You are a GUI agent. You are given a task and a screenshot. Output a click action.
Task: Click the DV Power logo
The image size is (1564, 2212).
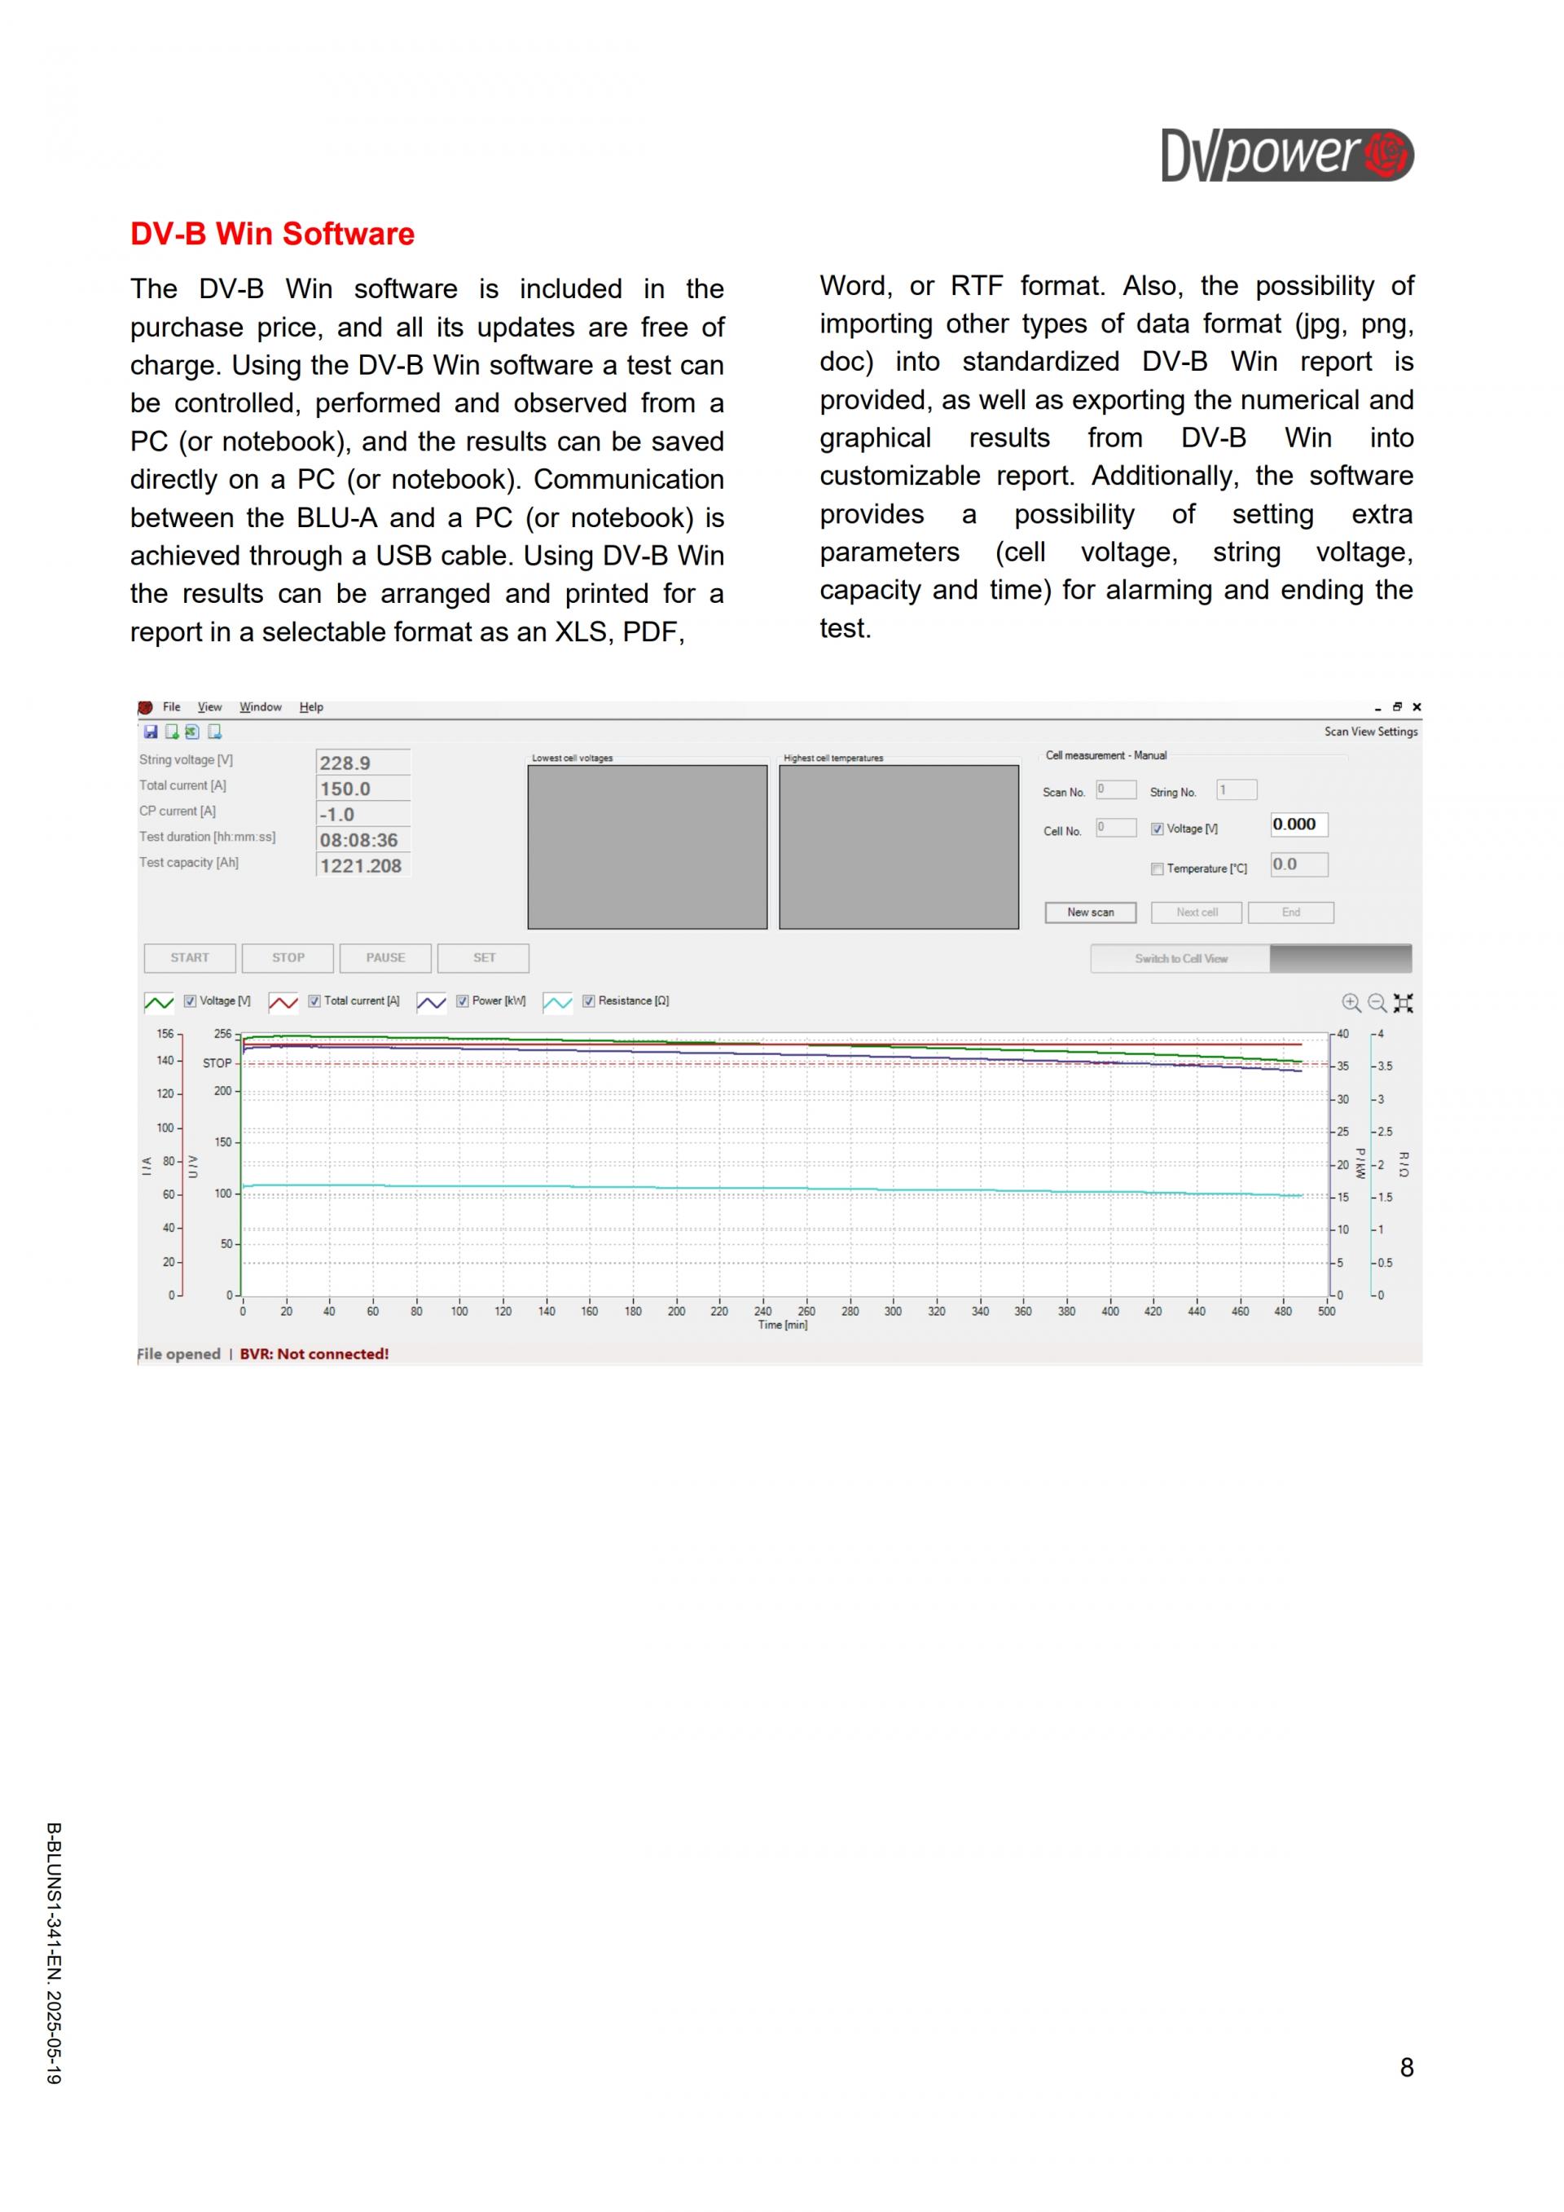[x=1287, y=155]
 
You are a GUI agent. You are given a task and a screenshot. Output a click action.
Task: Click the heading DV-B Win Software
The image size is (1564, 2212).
[x=273, y=234]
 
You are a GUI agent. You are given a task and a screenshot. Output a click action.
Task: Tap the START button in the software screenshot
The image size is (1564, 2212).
[x=190, y=957]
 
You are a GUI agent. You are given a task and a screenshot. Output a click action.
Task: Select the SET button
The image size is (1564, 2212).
[x=483, y=957]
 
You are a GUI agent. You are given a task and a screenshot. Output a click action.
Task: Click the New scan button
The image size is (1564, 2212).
[x=1090, y=913]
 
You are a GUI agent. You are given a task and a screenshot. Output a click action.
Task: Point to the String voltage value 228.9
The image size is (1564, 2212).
[x=362, y=763]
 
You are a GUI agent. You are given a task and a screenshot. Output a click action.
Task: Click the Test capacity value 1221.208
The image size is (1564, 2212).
[x=362, y=866]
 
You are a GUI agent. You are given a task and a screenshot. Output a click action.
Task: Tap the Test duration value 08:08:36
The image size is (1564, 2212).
[x=362, y=840]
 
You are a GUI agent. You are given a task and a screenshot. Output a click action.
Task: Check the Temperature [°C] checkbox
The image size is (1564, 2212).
[x=1157, y=869]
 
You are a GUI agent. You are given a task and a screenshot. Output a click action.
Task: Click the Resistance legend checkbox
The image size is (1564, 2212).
[x=588, y=1001]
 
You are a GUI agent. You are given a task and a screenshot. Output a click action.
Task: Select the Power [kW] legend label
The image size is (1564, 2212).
[x=499, y=1001]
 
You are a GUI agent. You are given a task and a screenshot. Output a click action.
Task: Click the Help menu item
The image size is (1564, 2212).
[x=311, y=707]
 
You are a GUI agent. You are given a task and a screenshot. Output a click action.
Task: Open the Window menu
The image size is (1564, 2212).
[x=260, y=707]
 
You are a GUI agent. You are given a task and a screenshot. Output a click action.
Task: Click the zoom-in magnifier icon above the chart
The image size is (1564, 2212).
[x=1351, y=1003]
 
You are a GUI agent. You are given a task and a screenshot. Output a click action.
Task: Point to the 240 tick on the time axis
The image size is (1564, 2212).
[x=762, y=1311]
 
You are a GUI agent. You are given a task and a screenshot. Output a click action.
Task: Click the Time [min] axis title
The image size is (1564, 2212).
[x=783, y=1326]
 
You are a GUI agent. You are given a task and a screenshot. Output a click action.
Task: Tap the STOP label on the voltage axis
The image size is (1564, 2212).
[x=217, y=1063]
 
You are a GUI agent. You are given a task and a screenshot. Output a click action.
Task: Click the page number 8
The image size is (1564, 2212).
[x=1406, y=2068]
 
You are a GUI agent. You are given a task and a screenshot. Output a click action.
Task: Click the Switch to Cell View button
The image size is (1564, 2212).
[x=1180, y=959]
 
